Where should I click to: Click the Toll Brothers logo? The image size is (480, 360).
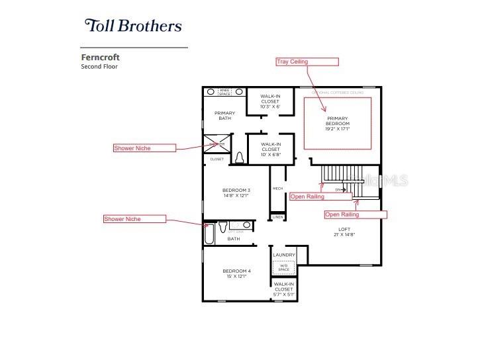(132, 26)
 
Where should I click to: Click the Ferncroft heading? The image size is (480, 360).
(100, 58)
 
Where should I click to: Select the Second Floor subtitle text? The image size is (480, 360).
(99, 67)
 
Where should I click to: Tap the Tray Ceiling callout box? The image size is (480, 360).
(307, 62)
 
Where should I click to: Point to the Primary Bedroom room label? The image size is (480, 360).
(337, 124)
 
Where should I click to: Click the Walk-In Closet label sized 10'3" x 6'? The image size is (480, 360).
(269, 101)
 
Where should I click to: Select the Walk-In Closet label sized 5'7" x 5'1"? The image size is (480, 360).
(283, 289)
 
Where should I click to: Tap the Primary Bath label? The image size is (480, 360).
(224, 116)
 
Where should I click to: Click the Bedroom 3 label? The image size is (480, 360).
(236, 193)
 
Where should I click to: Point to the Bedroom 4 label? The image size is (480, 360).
(236, 273)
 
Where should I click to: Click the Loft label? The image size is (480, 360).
(344, 232)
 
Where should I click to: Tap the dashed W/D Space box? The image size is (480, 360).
(283, 267)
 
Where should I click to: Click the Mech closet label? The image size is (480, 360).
(277, 189)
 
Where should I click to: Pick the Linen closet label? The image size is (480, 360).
(277, 217)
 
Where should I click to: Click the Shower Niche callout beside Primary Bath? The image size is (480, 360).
(144, 148)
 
